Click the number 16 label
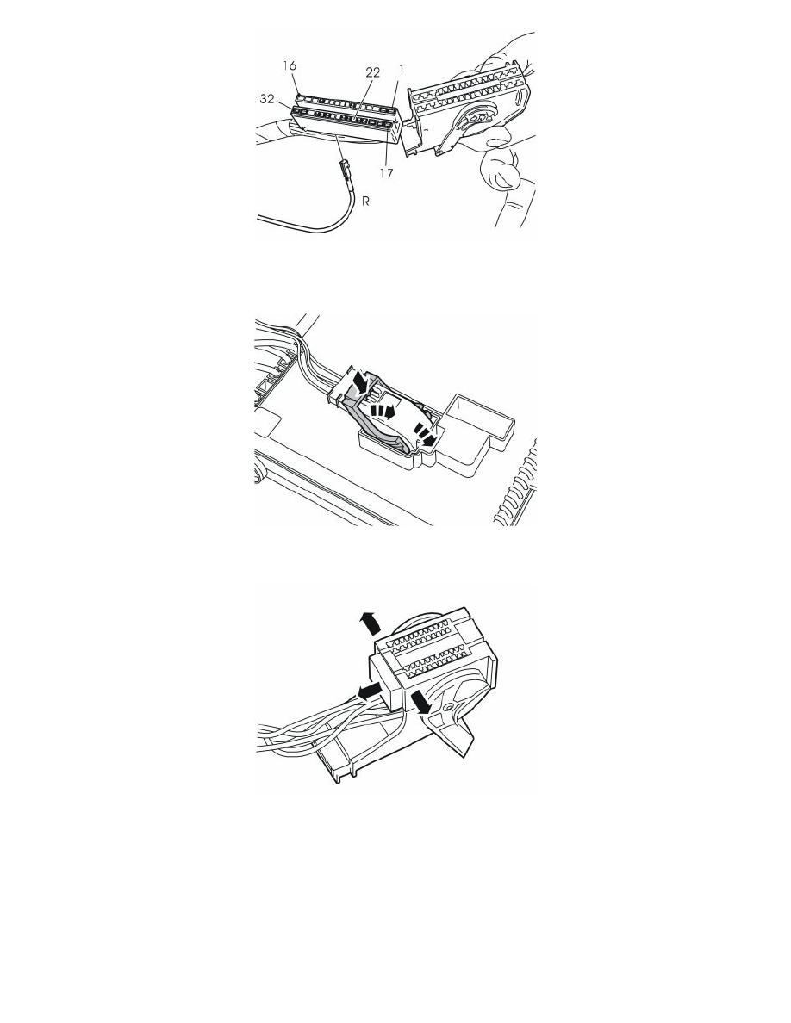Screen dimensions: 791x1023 (x=290, y=66)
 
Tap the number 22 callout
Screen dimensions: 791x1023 (x=372, y=72)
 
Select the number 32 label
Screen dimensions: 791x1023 (x=268, y=99)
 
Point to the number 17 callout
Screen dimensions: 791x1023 (x=386, y=174)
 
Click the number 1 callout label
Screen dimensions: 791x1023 (x=402, y=69)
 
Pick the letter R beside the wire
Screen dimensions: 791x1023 (x=366, y=201)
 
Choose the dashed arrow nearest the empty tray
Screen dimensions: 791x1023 (x=425, y=435)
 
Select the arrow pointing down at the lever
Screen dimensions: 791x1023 (x=420, y=704)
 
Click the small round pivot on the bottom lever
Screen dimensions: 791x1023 (x=449, y=707)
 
